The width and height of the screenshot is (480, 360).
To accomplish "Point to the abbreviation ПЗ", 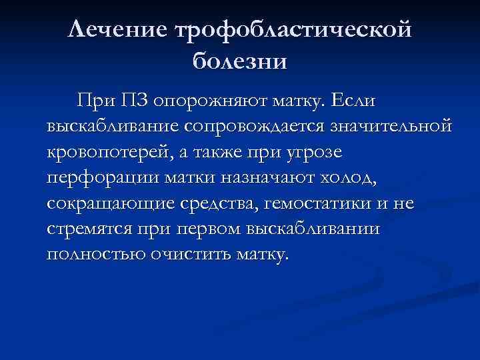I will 135,102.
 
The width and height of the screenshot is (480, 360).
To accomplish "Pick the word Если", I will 354,102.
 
